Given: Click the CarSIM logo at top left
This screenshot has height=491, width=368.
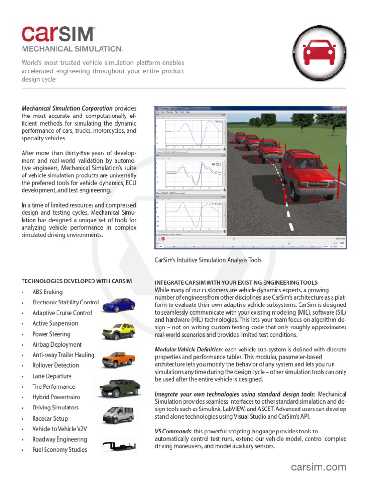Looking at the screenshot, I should (58, 34).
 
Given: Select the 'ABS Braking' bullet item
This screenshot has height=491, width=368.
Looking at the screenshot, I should (47, 292).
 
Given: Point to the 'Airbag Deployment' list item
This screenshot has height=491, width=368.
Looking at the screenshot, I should (57, 344).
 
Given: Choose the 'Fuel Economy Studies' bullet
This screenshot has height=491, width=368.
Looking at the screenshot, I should (59, 450).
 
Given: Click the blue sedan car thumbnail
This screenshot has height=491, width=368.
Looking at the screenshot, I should (118, 304).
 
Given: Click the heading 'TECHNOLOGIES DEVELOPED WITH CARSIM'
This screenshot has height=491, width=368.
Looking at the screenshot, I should (77, 281).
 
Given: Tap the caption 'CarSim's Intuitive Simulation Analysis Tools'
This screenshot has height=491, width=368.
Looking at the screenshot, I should (208, 260).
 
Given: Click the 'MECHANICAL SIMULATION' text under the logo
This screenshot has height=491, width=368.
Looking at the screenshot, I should (72, 49).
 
